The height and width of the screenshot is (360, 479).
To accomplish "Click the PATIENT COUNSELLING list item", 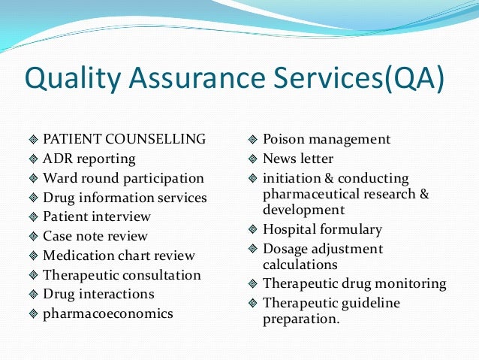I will coord(124,139).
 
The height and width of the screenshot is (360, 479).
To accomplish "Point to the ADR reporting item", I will coord(89,159).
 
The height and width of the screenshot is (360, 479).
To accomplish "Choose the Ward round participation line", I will coord(123,178).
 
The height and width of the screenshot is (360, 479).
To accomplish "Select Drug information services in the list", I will coord(125,198).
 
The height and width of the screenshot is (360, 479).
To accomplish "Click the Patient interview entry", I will coord(97,216).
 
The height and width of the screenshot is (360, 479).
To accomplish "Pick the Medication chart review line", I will coord(119,256).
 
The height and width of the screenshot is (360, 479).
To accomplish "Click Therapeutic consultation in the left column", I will coord(122,275).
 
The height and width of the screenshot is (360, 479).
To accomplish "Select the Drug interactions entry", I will coord(98,294).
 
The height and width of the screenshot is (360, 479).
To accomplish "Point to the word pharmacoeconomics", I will coord(108,313).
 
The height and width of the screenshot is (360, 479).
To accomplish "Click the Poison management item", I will coord(327,139).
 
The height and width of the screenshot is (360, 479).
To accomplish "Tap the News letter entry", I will coord(297,159).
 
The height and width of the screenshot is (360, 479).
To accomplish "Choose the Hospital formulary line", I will coord(322,229).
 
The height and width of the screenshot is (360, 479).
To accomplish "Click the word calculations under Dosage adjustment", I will coord(300,265).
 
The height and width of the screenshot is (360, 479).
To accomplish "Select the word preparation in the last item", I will coord(301,319).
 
